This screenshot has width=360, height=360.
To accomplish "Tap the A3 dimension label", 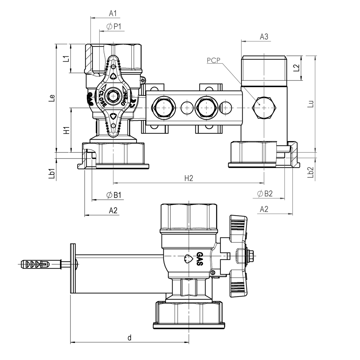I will tap(264, 37).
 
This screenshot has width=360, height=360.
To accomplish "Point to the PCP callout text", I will tap(213, 60).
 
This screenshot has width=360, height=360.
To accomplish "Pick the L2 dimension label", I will tap(296, 68).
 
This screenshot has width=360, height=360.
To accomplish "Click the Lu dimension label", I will tap(310, 104).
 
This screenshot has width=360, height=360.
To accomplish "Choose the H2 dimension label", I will tap(189, 178).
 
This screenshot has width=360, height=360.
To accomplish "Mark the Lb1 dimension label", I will tap(52, 173).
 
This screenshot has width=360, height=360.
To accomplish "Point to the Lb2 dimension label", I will tap(310, 173).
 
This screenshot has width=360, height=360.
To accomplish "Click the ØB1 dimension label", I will tap(114, 195).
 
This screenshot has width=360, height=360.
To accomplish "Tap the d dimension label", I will tap(130, 338).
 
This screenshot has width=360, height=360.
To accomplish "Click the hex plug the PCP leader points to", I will tap(264, 108).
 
